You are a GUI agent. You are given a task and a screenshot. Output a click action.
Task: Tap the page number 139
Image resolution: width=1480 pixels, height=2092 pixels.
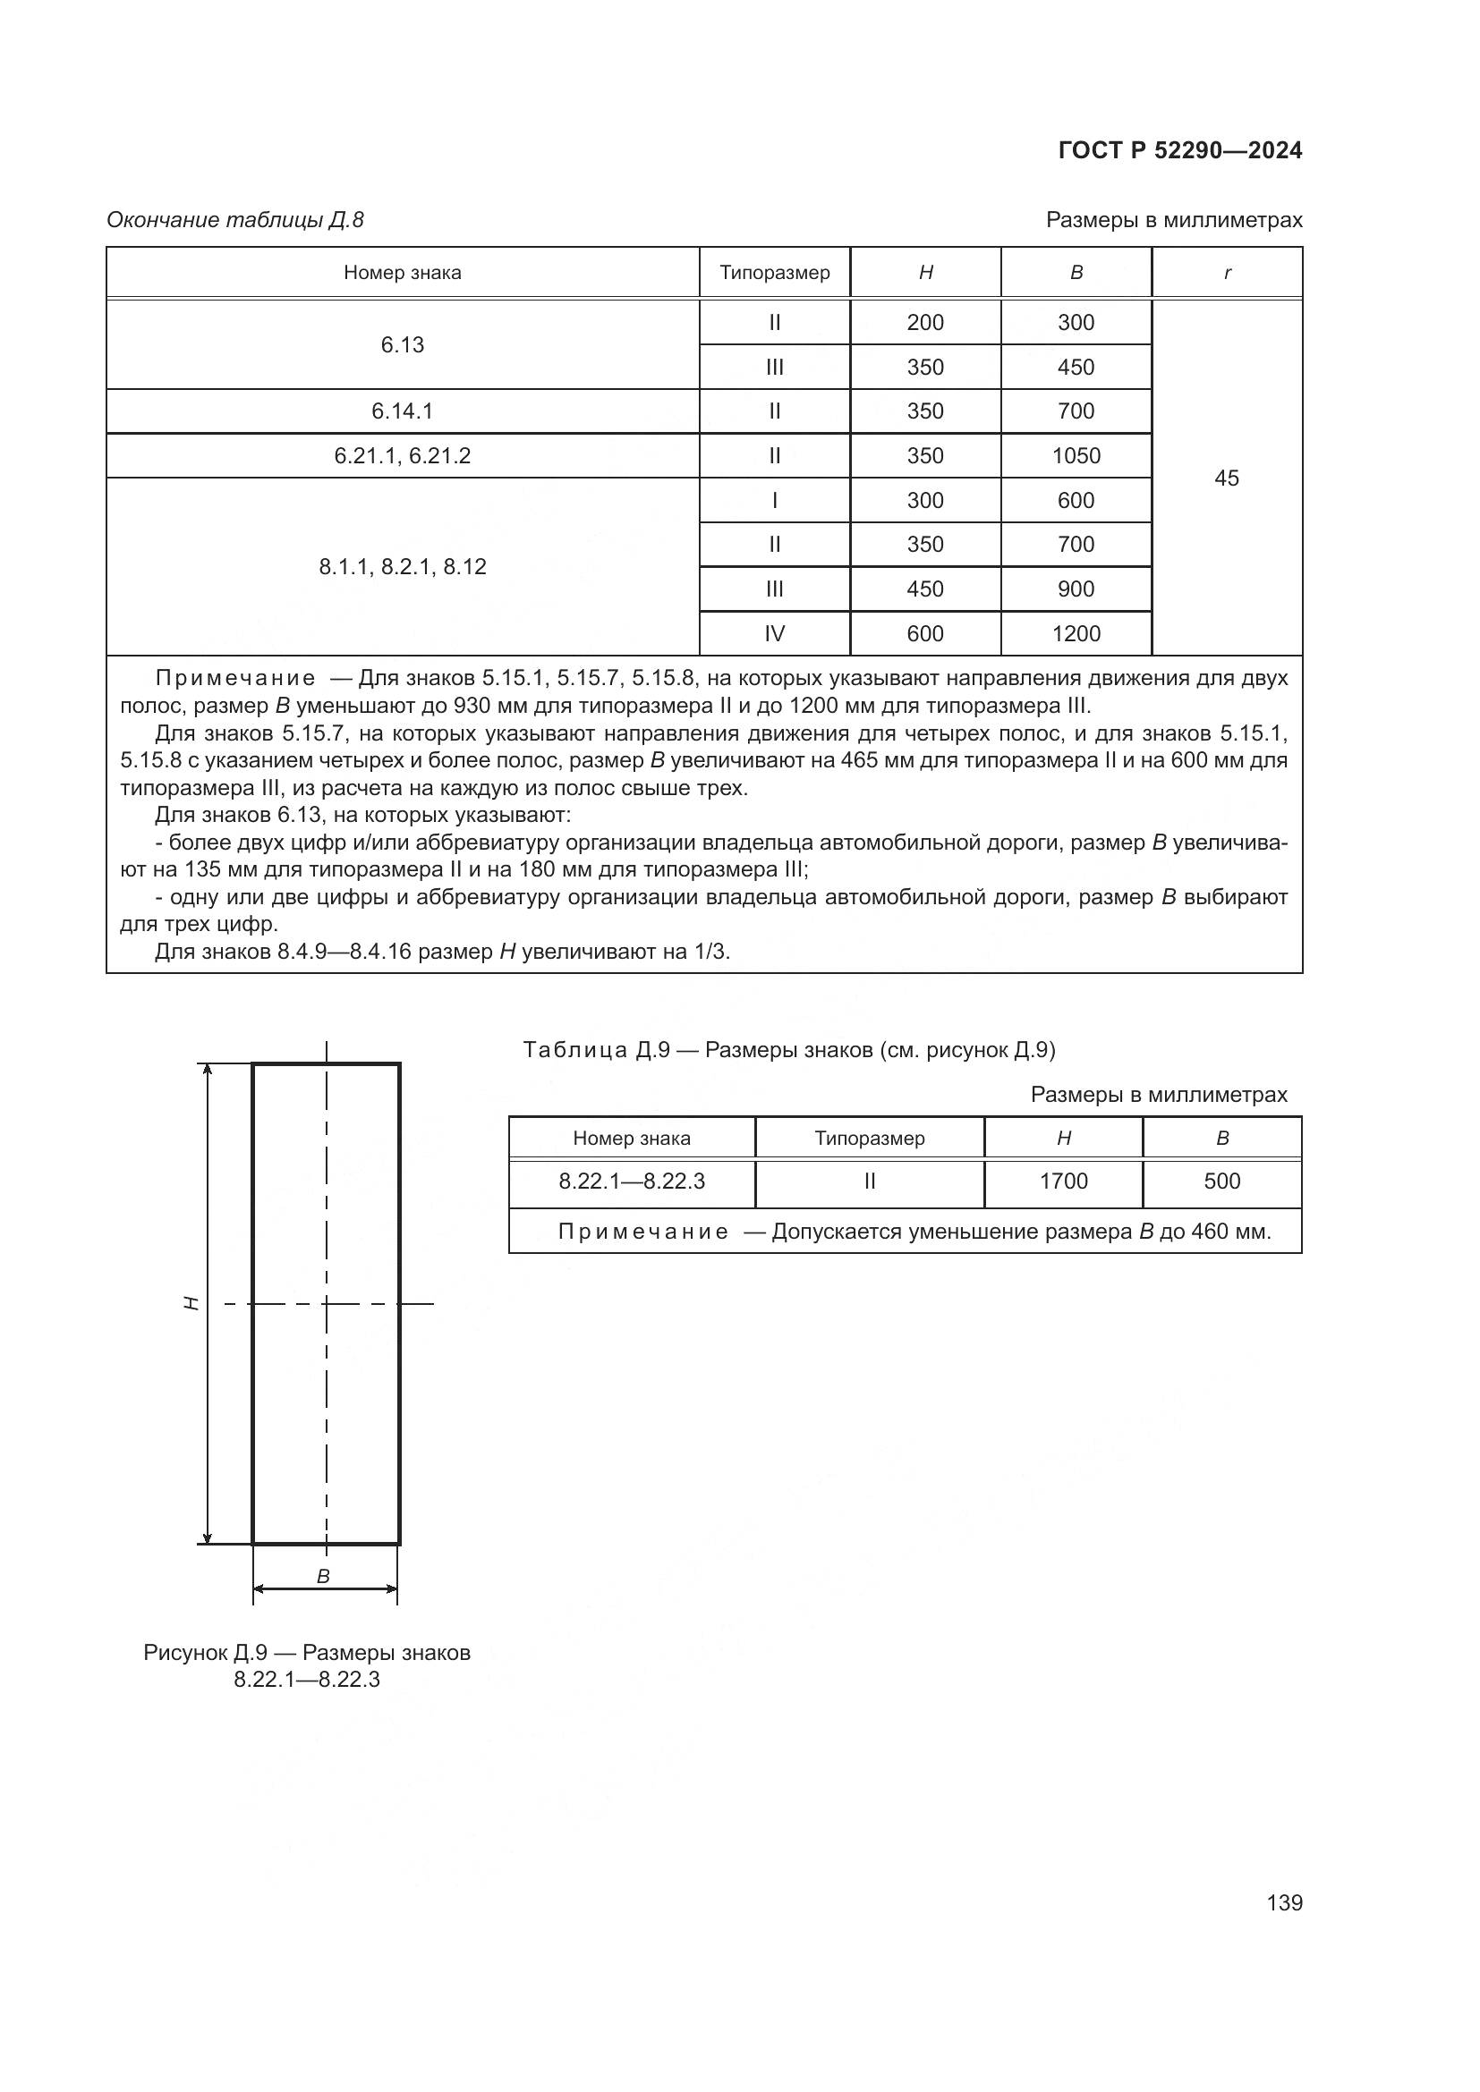pyautogui.click(x=1283, y=1902)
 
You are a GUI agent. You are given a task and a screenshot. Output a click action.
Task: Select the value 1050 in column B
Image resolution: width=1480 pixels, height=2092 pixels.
pyautogui.click(x=1076, y=455)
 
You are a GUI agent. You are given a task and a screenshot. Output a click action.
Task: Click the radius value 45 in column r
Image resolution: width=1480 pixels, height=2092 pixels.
pyautogui.click(x=1226, y=478)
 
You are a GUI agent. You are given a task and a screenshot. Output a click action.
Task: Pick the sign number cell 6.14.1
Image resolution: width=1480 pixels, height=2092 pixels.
pyautogui.click(x=402, y=411)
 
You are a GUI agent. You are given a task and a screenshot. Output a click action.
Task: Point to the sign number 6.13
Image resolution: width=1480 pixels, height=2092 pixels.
pyautogui.click(x=402, y=344)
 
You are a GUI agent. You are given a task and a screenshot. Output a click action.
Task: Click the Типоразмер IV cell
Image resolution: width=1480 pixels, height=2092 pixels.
pyautogui.click(x=774, y=633)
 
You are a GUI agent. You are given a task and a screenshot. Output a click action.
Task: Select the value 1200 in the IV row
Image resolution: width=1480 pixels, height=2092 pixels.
pyautogui.click(x=1076, y=633)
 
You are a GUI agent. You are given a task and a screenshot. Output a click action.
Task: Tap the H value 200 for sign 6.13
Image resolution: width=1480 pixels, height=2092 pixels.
pyautogui.click(x=924, y=323)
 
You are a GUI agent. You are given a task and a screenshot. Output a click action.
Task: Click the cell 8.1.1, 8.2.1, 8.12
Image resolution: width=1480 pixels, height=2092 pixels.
pyautogui.click(x=402, y=567)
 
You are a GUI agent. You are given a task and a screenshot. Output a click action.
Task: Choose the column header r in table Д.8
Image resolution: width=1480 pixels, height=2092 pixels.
pyautogui.click(x=1227, y=273)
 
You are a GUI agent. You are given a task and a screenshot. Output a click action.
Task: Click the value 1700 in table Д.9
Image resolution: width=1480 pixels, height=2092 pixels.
pyautogui.click(x=1063, y=1181)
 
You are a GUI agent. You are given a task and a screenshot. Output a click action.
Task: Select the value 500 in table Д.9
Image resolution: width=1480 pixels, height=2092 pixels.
pyautogui.click(x=1221, y=1181)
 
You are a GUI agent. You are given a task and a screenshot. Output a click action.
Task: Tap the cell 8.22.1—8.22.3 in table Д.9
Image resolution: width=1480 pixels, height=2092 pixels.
pyautogui.click(x=632, y=1181)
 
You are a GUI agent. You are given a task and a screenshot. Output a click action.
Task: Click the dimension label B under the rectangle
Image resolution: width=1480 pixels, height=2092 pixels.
pyautogui.click(x=323, y=1577)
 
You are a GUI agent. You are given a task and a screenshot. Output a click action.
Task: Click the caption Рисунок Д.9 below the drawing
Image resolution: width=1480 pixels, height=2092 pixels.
pyautogui.click(x=306, y=1654)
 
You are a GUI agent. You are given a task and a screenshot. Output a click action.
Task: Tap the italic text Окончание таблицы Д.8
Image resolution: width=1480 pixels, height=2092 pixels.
pyautogui.click(x=235, y=220)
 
